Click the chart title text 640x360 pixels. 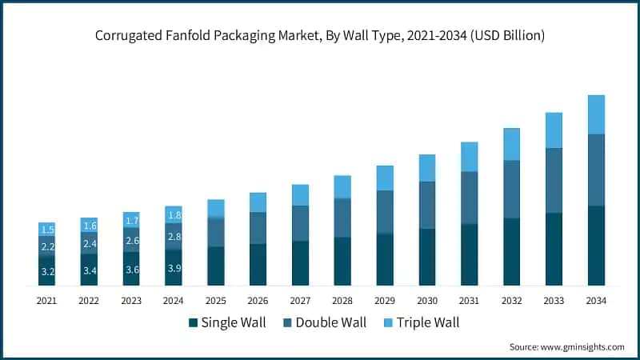[320, 35]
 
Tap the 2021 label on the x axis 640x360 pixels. [47, 301]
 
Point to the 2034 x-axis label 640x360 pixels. [596, 301]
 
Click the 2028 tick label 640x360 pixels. [342, 301]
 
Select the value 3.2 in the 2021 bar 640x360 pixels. [47, 272]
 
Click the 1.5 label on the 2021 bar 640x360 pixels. [47, 230]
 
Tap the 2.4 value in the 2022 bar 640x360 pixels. [90, 243]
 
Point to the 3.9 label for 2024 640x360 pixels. [174, 268]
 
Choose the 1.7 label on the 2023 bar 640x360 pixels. [132, 220]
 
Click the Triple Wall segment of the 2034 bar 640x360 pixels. [596, 114]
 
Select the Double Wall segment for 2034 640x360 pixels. [596, 170]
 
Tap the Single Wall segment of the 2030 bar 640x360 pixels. [427, 257]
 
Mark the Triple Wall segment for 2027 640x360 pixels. [300, 194]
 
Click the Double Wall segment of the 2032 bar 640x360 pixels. [511, 189]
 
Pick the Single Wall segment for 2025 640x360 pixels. [216, 266]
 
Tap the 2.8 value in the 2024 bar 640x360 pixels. [174, 237]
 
